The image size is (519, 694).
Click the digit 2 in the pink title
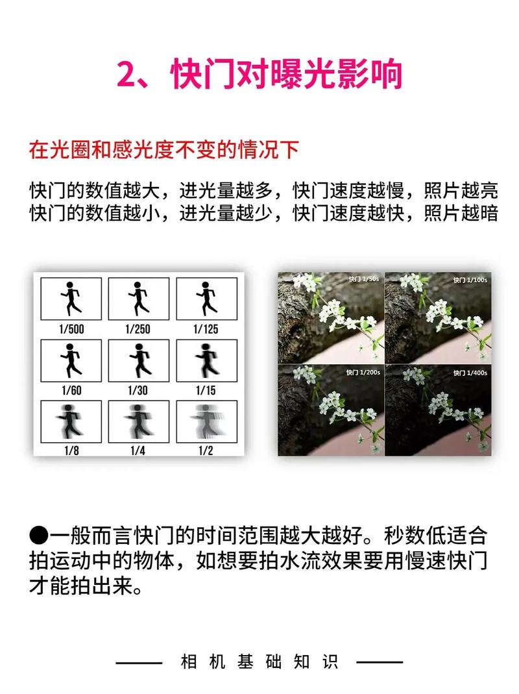[128, 75]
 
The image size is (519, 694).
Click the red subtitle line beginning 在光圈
[163, 150]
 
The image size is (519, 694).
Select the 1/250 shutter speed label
[138, 328]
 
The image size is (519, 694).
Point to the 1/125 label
[206, 328]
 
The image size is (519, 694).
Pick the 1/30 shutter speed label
[138, 390]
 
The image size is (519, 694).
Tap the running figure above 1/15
[206, 360]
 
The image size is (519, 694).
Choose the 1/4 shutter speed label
[138, 451]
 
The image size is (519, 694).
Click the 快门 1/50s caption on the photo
[363, 279]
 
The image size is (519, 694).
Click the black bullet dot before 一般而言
[39, 537]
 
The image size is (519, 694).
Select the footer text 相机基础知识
[259, 663]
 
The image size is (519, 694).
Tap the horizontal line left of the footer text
[138, 663]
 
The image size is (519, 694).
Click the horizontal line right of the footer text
[380, 663]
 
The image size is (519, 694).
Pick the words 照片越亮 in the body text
[461, 192]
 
